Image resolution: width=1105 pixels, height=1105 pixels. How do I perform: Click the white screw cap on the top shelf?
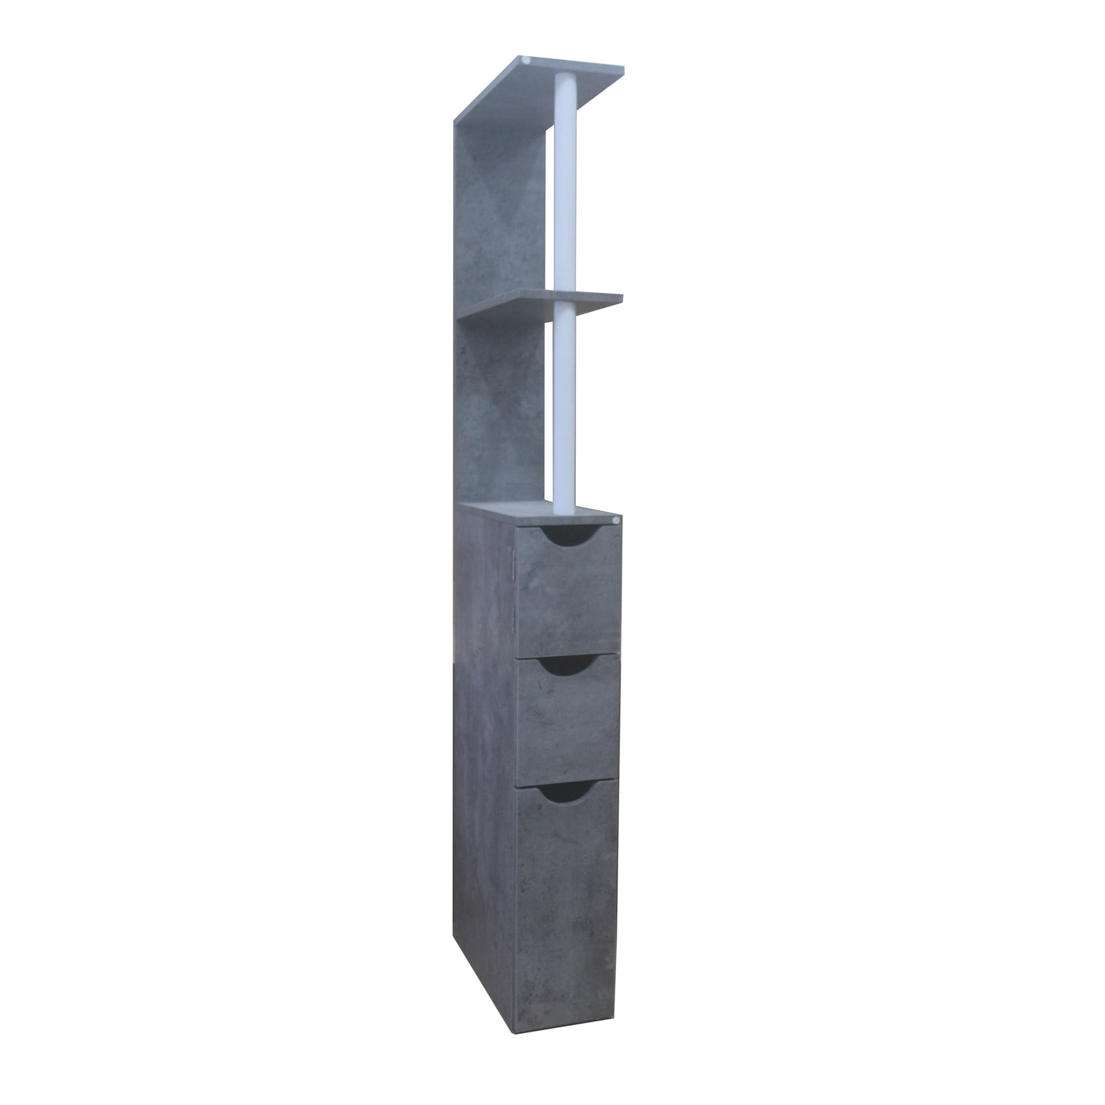[527, 61]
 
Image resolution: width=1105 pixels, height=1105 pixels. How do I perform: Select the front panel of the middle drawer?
[568, 718]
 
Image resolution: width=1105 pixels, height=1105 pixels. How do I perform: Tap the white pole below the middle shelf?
[565, 407]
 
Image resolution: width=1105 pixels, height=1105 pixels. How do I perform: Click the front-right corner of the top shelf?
[624, 70]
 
